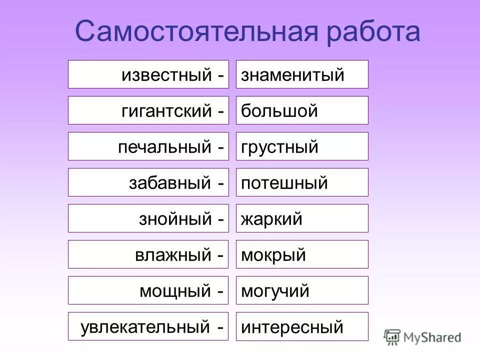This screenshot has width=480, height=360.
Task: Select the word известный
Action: pyautogui.click(x=166, y=75)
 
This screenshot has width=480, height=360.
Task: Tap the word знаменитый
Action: pyautogui.click(x=293, y=75)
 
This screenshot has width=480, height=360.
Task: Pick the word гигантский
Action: pyautogui.click(x=166, y=111)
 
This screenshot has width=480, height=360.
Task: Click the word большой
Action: pyautogui.click(x=279, y=111)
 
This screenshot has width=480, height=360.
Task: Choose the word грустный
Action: pyautogui.click(x=279, y=147)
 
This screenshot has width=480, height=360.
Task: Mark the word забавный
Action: pyautogui.click(x=170, y=183)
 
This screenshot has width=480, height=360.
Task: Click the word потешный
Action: pyautogui.click(x=284, y=183)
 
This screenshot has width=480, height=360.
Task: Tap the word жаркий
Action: pyautogui.click(x=272, y=219)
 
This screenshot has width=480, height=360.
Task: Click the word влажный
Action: pyautogui.click(x=173, y=255)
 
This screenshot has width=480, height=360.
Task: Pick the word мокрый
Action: pyautogui.click(x=273, y=255)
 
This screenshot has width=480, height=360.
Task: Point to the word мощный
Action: pyautogui.click(x=175, y=291)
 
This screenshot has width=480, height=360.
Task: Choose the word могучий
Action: pyautogui.click(x=275, y=291)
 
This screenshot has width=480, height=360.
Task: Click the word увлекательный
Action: pyautogui.click(x=145, y=327)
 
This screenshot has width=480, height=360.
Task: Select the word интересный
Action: pyautogui.click(x=292, y=327)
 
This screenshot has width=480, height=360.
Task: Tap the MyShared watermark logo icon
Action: pyautogui.click(x=392, y=337)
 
